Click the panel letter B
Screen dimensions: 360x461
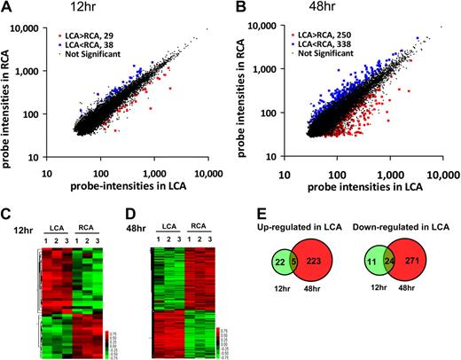pos(239,7)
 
